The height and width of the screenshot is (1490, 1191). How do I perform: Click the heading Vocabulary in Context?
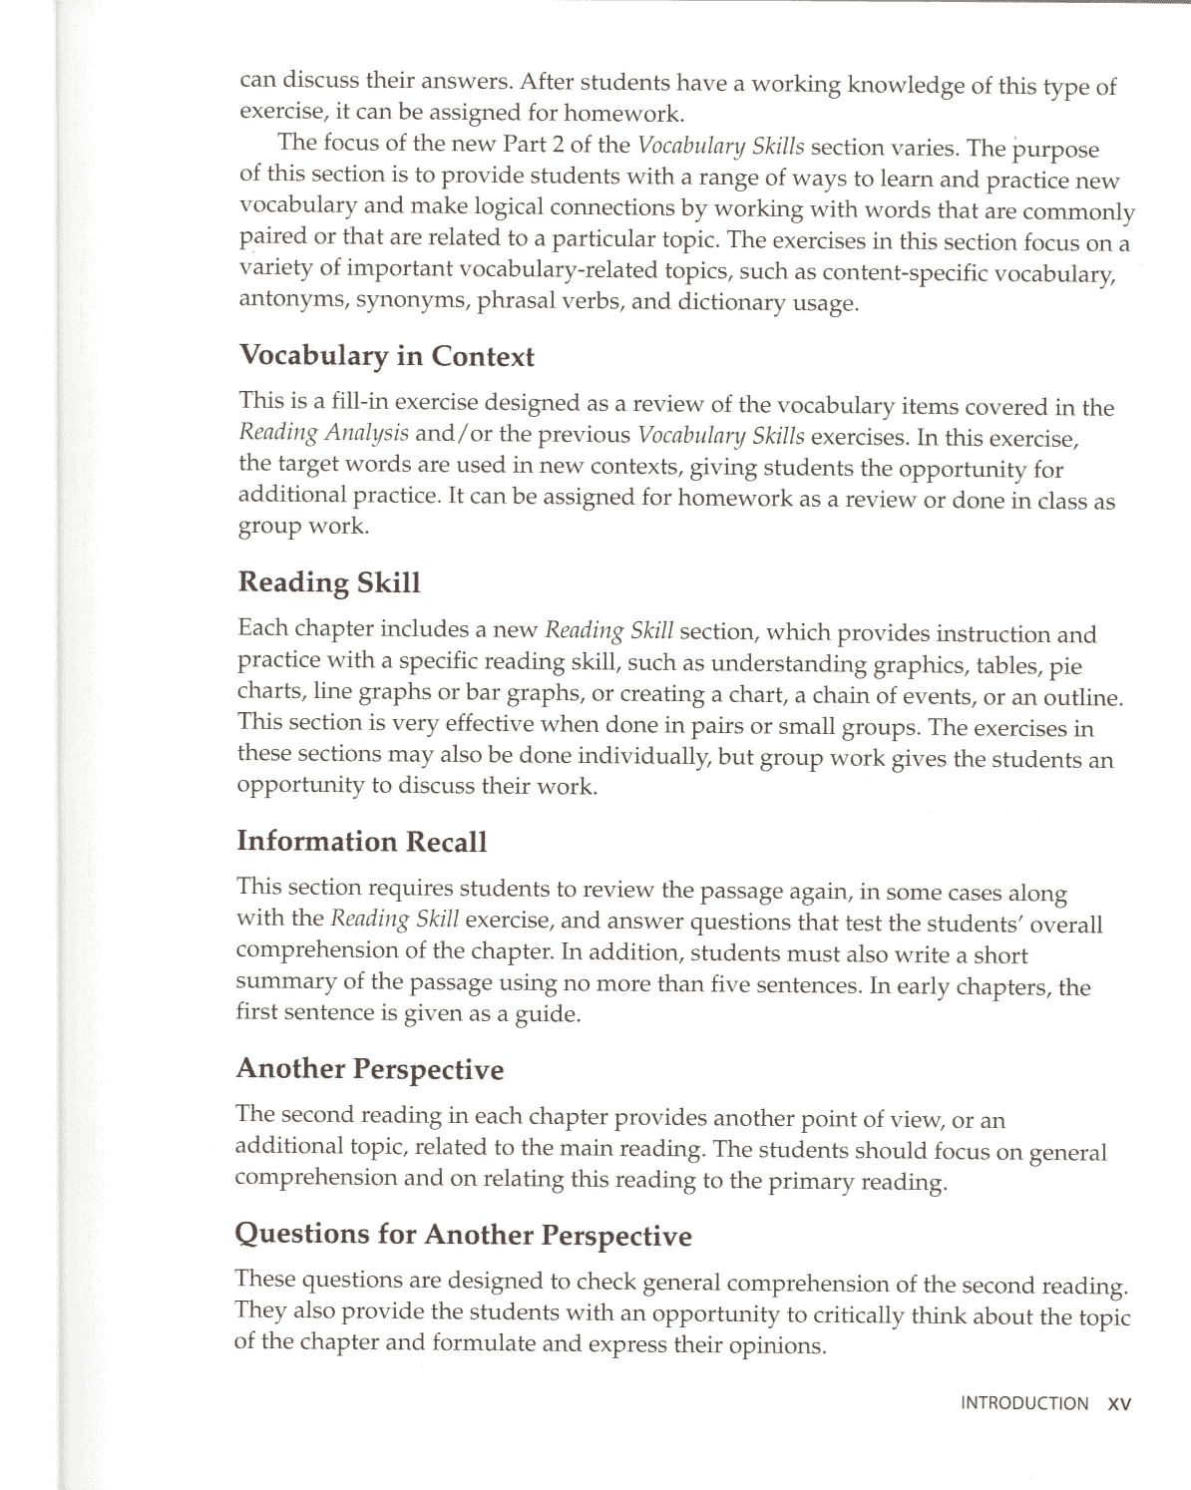point(386,356)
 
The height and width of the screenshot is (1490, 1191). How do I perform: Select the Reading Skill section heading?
point(329,582)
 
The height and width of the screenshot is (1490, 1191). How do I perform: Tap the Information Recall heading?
point(361,842)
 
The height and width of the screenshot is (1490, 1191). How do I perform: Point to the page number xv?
point(1119,1403)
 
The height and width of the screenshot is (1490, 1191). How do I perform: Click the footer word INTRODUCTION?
point(1024,1403)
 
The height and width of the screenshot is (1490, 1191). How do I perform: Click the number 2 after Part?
point(558,145)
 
